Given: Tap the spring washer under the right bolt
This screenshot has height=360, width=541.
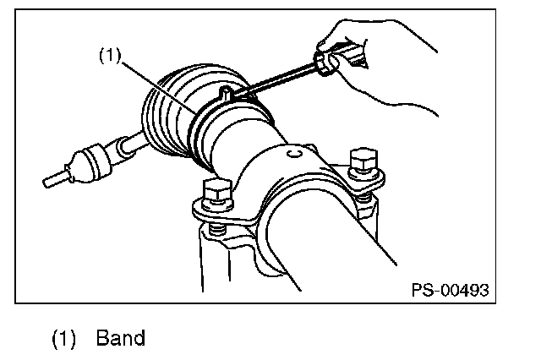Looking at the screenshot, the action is (365, 195).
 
